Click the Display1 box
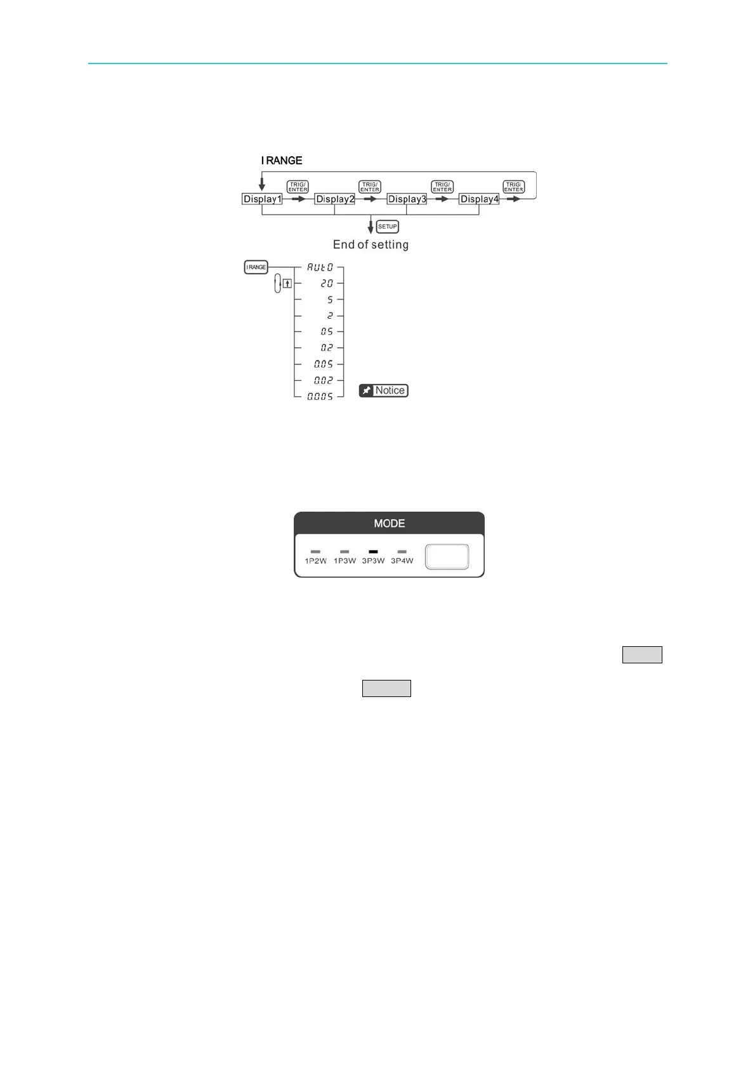[x=262, y=199]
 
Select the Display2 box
[x=334, y=199]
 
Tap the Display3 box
[x=407, y=199]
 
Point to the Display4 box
[x=479, y=199]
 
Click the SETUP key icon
[x=388, y=227]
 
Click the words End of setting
[x=371, y=245]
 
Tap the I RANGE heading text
[x=282, y=161]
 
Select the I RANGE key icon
[x=256, y=267]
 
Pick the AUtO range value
[x=320, y=268]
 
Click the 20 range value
[x=326, y=284]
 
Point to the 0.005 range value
[x=320, y=397]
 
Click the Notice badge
[x=383, y=390]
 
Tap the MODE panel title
[x=389, y=524]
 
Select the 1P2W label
[x=315, y=561]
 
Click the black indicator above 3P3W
[x=373, y=552]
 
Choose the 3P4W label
[x=402, y=561]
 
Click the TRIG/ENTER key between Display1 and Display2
[x=298, y=187]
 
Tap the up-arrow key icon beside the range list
[x=287, y=284]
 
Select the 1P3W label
[x=345, y=561]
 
